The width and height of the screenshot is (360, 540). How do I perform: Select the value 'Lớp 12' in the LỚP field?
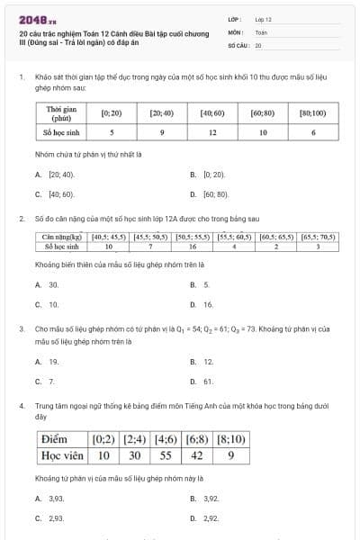tap(264, 18)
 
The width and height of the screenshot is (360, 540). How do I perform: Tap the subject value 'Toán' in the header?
tap(261, 31)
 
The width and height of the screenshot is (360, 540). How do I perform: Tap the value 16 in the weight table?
tap(193, 246)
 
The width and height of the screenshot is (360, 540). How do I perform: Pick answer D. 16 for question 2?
tap(206, 305)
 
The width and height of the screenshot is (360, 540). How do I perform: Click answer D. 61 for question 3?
tap(206, 382)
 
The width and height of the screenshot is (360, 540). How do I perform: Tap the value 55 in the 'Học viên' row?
tap(166, 455)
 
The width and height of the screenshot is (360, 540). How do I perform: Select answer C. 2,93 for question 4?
tap(55, 518)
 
